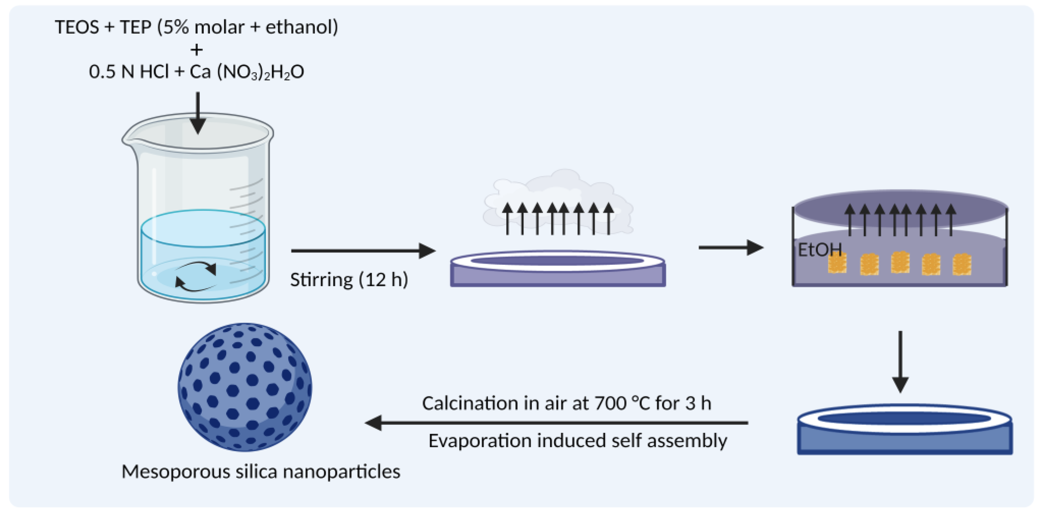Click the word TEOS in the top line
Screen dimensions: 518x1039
(x=77, y=27)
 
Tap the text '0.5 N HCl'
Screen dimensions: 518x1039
(x=128, y=72)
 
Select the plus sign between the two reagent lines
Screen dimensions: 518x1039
(x=196, y=50)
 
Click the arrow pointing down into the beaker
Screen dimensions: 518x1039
(x=198, y=113)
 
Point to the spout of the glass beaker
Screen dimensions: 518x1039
(x=128, y=139)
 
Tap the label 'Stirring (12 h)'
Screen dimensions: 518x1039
(x=349, y=279)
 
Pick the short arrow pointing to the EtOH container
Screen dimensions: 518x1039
(x=730, y=247)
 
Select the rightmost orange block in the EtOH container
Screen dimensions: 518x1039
(x=962, y=264)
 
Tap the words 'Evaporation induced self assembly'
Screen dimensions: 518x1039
(x=577, y=441)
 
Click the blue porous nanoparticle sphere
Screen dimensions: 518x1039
(x=245, y=387)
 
